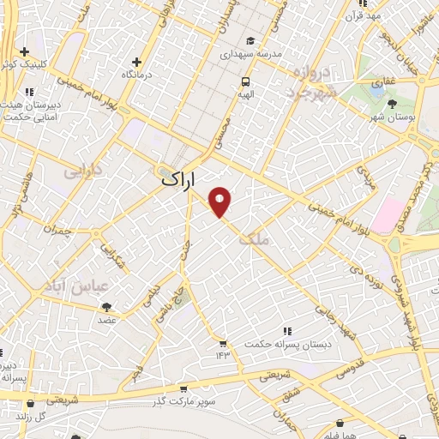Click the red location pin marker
click(220, 201)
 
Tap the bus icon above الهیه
click(246, 82)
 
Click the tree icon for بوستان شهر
click(392, 104)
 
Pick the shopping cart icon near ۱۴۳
click(223, 343)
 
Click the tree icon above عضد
click(107, 307)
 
